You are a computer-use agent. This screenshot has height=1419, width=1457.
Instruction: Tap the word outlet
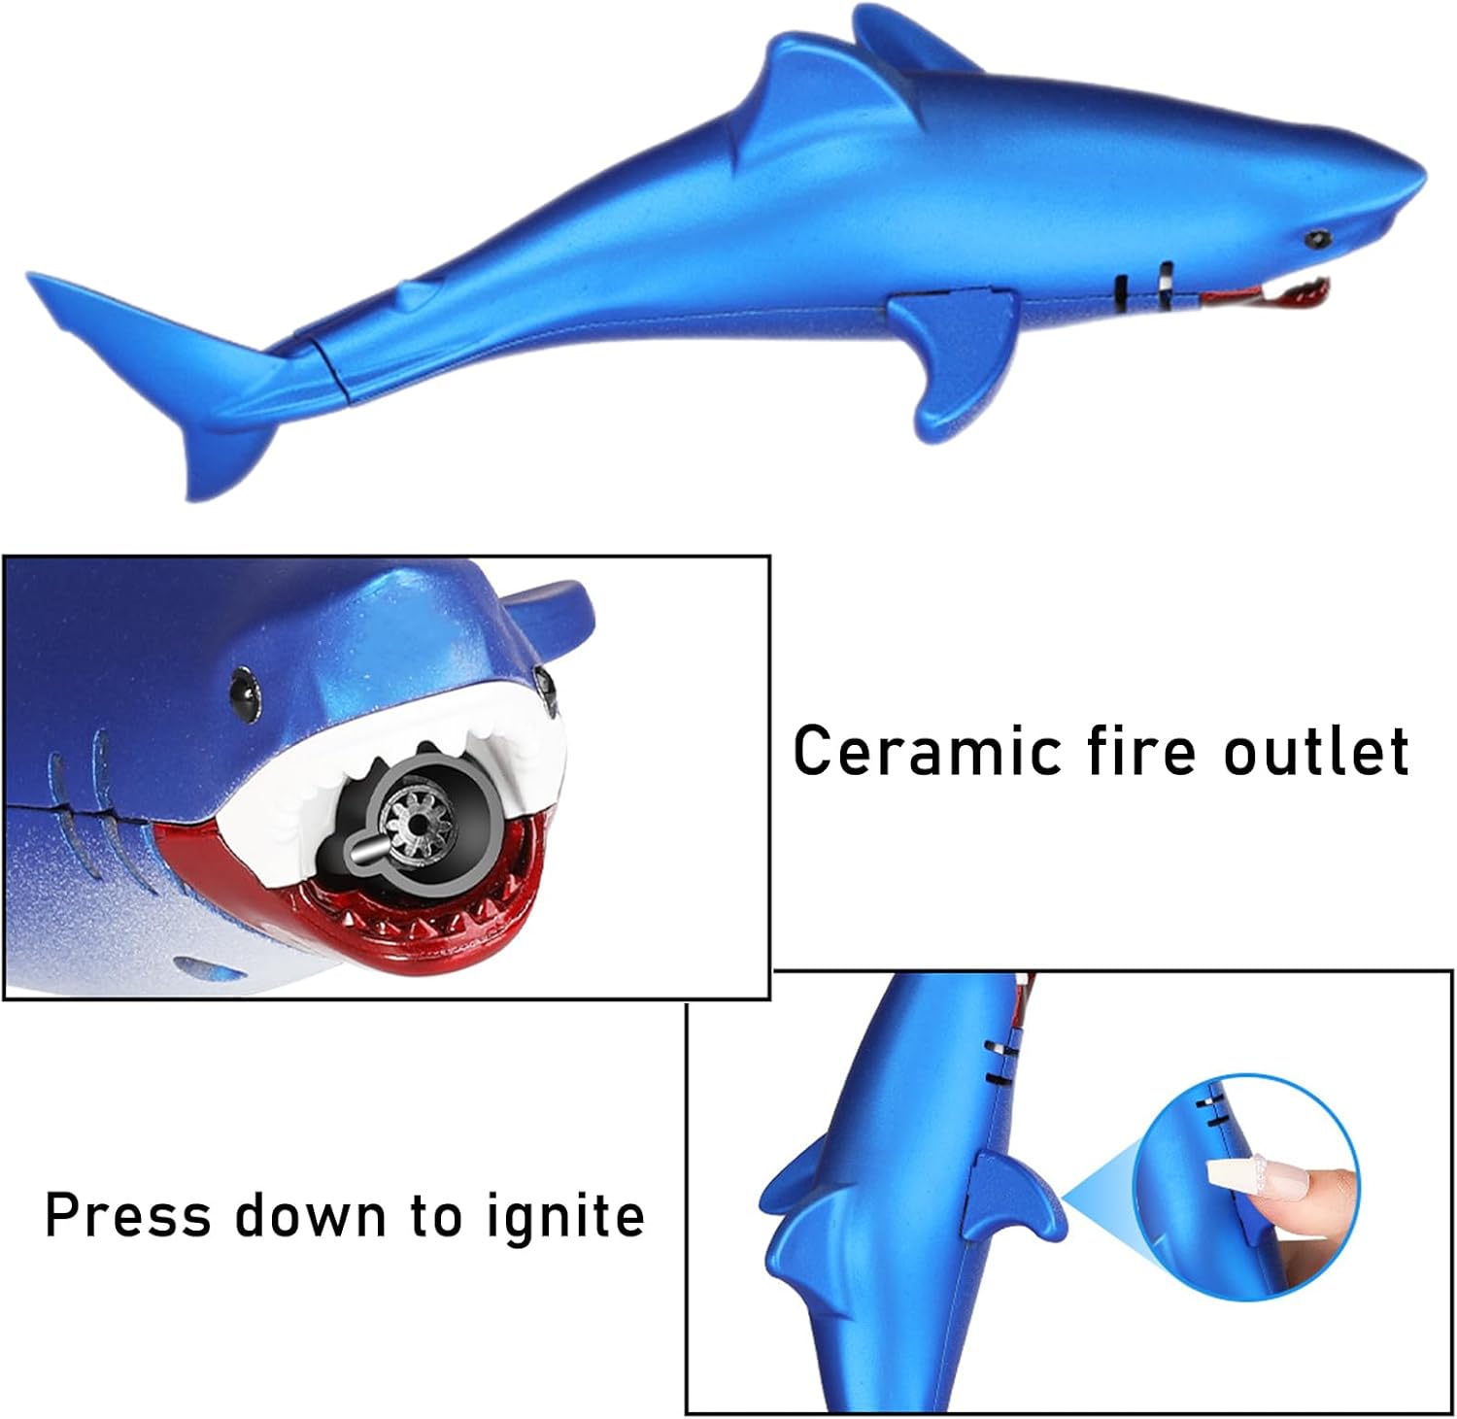(x=1315, y=750)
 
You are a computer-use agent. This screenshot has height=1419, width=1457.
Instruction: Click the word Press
(x=127, y=1214)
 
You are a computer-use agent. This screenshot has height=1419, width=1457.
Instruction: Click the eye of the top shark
(x=1317, y=237)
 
